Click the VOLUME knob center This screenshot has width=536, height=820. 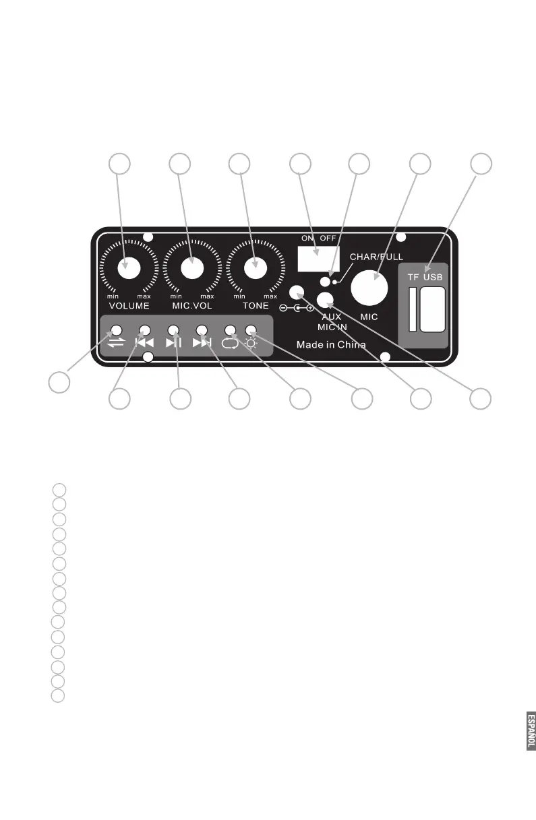(128, 267)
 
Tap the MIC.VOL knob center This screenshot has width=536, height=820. (191, 267)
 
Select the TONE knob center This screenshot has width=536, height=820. (255, 267)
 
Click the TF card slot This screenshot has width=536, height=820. (412, 310)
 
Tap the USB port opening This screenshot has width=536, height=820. (432, 309)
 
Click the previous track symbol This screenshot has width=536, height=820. (144, 342)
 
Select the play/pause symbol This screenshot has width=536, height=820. (173, 342)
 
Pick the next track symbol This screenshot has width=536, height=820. (202, 342)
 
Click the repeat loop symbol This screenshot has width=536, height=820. (231, 342)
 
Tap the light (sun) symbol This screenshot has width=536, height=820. (251, 342)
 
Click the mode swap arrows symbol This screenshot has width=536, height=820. (116, 342)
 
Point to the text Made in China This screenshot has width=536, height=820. (331, 345)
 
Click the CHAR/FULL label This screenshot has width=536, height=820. (377, 257)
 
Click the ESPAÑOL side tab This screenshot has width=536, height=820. (531, 730)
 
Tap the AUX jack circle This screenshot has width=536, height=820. (326, 300)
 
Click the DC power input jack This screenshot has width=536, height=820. (297, 293)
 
